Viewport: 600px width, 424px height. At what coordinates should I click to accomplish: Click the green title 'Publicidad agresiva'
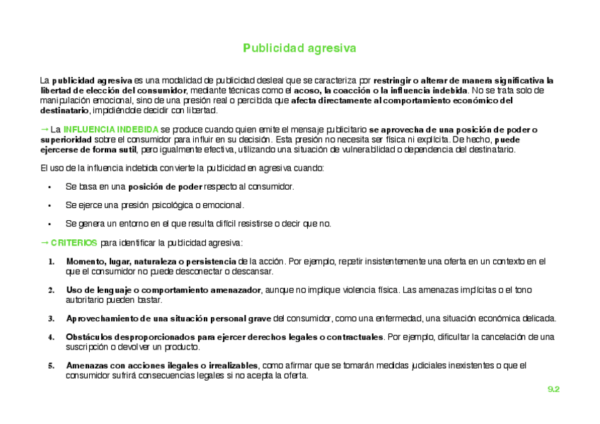click(x=299, y=48)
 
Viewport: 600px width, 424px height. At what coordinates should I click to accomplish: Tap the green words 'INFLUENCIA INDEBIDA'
click(x=111, y=130)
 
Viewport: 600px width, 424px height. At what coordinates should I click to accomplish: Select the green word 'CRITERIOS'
click(x=74, y=243)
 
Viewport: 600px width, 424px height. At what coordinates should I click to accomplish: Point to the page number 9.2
click(x=553, y=389)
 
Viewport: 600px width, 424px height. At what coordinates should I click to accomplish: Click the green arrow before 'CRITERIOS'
click(x=44, y=242)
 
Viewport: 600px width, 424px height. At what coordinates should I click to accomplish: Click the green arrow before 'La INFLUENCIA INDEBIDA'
click(x=44, y=130)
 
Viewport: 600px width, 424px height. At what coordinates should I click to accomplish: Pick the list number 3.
click(x=51, y=319)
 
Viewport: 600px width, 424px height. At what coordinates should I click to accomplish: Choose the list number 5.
click(x=51, y=365)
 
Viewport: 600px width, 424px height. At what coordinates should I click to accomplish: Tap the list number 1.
click(x=51, y=262)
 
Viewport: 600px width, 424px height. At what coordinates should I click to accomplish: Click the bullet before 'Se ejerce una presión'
click(x=50, y=205)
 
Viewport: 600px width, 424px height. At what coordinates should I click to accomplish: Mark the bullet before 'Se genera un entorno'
click(x=50, y=224)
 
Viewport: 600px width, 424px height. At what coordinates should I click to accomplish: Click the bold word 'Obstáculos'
click(x=88, y=337)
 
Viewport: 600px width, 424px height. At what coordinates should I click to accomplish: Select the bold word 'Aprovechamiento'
click(x=100, y=319)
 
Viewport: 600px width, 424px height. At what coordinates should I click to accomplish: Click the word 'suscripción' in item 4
click(x=86, y=347)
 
